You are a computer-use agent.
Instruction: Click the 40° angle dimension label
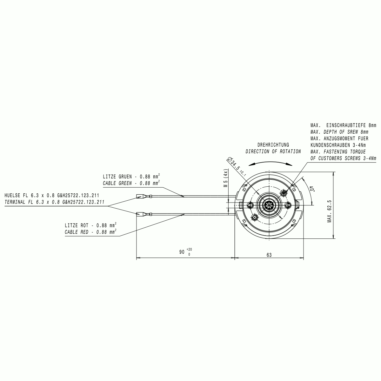click(x=312, y=189)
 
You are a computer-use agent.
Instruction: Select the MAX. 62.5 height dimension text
click(x=329, y=211)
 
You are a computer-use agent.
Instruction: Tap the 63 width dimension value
click(x=269, y=255)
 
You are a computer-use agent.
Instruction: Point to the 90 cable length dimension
click(x=185, y=252)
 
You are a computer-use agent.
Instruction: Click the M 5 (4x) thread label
click(x=226, y=178)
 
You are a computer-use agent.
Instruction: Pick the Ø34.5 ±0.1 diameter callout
click(x=237, y=166)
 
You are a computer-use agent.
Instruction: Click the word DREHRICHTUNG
click(x=273, y=145)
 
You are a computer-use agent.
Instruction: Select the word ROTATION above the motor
click(x=290, y=151)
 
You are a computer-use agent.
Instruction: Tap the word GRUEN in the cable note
click(x=125, y=177)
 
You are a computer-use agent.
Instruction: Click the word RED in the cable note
click(x=84, y=232)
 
